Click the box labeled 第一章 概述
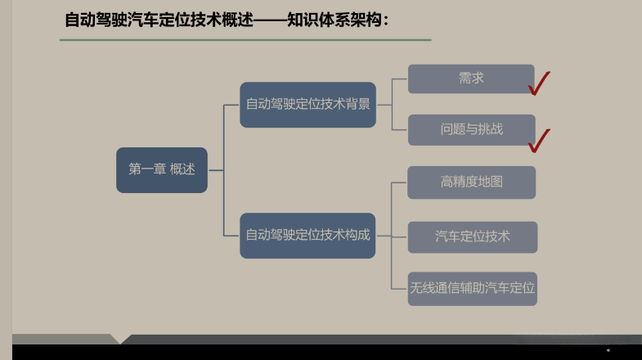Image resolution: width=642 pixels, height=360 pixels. click(162, 170)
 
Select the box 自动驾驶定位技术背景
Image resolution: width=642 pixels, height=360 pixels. click(308, 105)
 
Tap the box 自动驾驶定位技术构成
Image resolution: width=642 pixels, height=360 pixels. click(308, 235)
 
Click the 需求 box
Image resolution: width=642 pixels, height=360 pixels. click(471, 79)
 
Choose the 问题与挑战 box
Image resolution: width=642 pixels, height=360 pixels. click(471, 129)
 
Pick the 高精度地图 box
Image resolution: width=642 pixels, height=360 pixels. click(471, 182)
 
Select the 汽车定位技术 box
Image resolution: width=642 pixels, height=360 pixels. click(472, 236)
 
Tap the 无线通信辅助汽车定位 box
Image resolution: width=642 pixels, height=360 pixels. click(472, 288)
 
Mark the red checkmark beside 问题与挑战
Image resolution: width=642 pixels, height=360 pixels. click(539, 140)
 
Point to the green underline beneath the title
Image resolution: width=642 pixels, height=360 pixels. click(245, 39)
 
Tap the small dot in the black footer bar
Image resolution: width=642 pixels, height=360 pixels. click(608, 350)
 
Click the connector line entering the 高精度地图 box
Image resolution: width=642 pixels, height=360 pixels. click(400, 182)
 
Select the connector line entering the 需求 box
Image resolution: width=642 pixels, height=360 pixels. click(400, 79)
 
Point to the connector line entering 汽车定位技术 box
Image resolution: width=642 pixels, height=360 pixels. click(400, 236)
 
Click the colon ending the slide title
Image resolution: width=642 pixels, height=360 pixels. click(385, 20)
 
